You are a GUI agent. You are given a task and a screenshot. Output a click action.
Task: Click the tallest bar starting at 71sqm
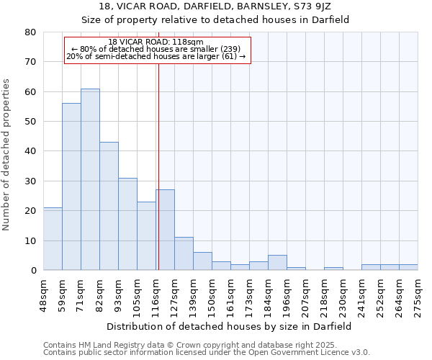tap(90, 179)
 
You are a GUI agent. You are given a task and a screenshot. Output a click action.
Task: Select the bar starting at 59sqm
tap(71, 187)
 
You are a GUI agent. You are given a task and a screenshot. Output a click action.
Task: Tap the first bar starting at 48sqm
tap(53, 239)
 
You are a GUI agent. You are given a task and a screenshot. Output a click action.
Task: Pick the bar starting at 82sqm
tap(109, 206)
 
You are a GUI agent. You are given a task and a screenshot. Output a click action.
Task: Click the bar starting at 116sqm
tap(165, 230)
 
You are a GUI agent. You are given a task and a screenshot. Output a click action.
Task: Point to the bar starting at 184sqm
tap(277, 263)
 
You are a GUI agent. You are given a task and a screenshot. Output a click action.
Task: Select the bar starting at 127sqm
tap(184, 253)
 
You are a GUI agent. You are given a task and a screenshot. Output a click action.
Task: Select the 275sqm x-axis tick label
tap(418, 294)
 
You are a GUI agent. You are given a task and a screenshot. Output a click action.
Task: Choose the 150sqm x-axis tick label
tap(212, 294)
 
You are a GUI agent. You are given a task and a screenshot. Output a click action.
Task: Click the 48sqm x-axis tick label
tap(43, 294)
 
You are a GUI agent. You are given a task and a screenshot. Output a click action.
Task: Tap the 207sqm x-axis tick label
tap(305, 294)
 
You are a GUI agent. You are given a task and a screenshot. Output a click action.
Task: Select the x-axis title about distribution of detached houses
tap(230, 326)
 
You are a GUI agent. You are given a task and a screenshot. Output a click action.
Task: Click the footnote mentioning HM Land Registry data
tap(205, 345)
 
